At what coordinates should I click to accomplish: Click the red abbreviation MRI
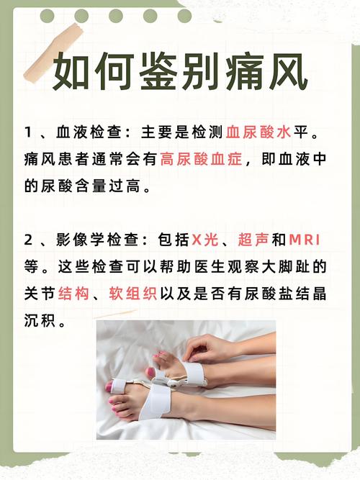[310, 240]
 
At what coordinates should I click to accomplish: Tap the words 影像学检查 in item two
[101, 240]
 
